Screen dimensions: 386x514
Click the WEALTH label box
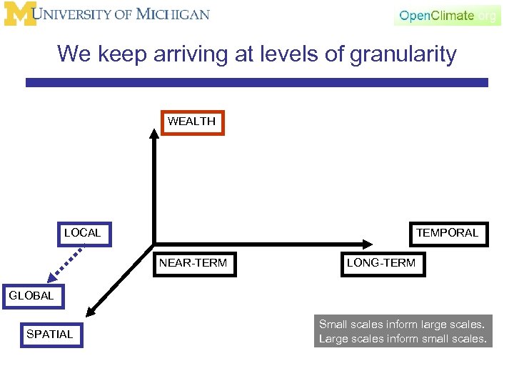coord(191,122)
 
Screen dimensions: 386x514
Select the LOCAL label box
coord(84,233)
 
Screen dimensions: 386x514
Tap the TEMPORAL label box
coord(448,233)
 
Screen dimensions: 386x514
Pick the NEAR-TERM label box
coord(193,263)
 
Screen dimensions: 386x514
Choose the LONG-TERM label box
coord(381,263)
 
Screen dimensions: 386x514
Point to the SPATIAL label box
coord(50,334)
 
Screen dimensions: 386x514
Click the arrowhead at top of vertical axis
coord(154,133)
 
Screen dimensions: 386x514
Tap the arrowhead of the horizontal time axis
coord(365,243)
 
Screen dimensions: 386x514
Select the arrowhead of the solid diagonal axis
coord(89,310)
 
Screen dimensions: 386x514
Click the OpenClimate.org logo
coord(447,15)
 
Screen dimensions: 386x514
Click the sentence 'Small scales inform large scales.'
coord(402,325)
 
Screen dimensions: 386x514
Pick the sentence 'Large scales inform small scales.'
coord(402,339)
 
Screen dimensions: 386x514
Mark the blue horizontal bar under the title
coord(257,83)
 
